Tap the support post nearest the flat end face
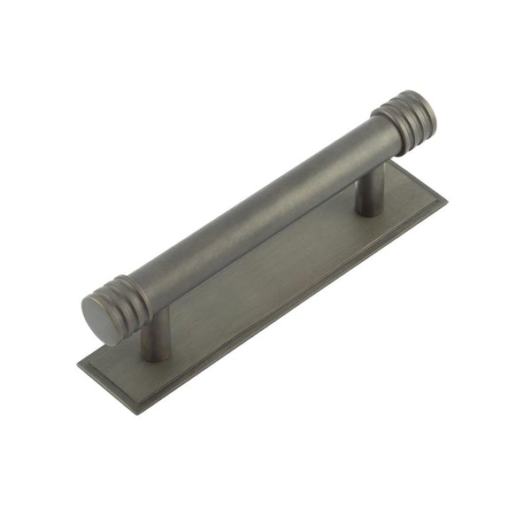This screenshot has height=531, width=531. pyautogui.click(x=156, y=335)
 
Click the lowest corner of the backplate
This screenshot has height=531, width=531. pyautogui.click(x=135, y=412)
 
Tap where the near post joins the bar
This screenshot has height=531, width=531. pyautogui.click(x=157, y=312)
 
